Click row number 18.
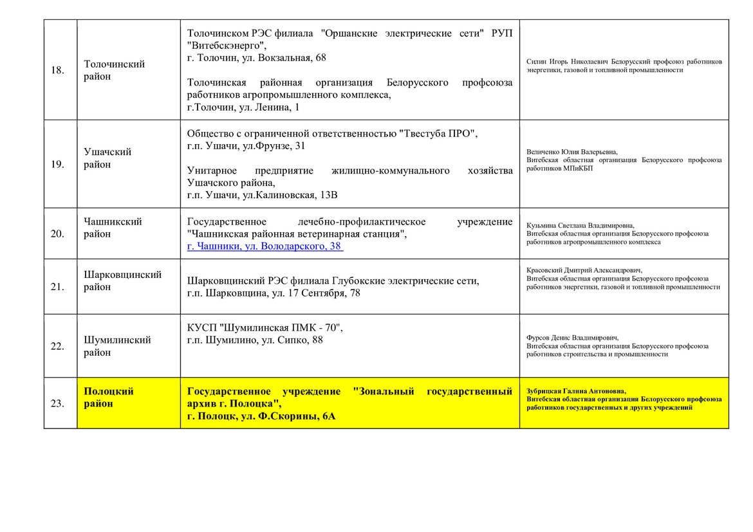pos(57,70)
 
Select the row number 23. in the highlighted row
pos(57,403)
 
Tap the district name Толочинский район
pos(115,70)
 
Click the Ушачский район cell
pos(107,158)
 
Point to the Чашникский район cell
pos(113,228)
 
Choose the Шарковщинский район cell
pos(122,280)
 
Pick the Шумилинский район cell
pos(117,346)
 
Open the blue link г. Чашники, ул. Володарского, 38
pos(264,246)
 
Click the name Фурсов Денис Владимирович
pos(572,338)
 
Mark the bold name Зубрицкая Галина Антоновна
pos(575,390)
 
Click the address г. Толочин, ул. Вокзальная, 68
pos(256,58)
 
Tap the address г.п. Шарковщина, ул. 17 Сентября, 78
pos(274,293)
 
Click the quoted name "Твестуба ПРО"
pos(438,134)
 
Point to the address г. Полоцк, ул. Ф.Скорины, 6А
pos(261,416)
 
